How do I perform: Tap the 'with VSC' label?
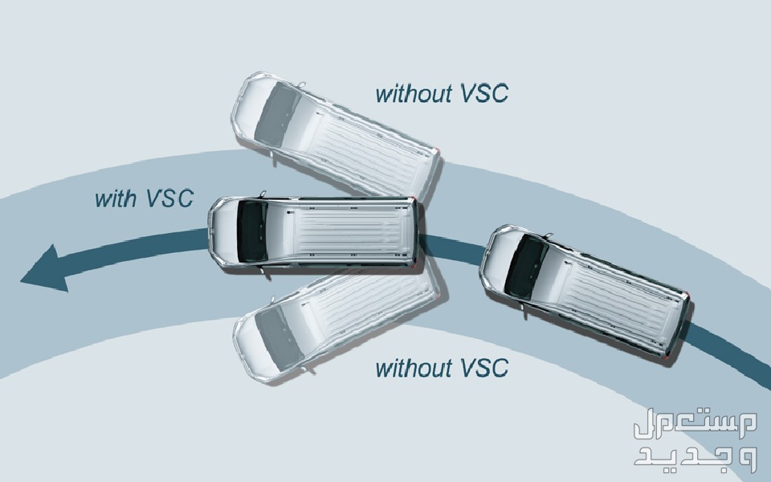144,198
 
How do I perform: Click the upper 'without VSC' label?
441,93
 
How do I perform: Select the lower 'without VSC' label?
441,368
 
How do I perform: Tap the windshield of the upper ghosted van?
276,110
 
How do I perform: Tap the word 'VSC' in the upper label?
484,93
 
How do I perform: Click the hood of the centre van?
225,231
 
